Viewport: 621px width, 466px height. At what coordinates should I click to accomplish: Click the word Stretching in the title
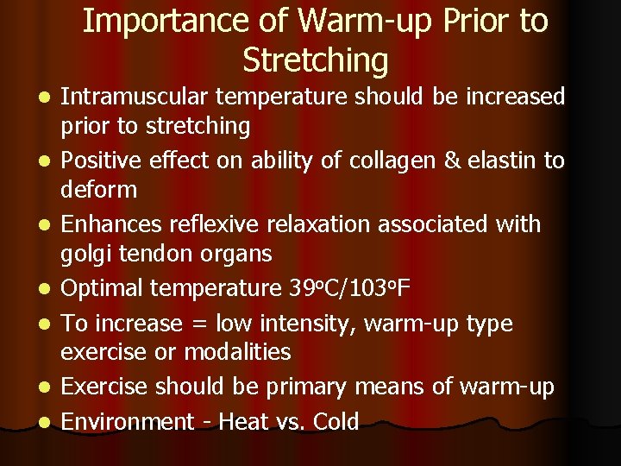click(x=315, y=61)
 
